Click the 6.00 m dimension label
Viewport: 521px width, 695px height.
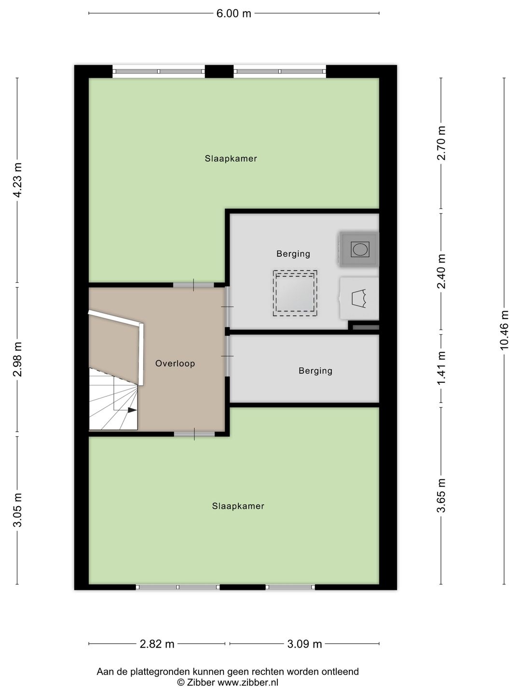(x=234, y=14)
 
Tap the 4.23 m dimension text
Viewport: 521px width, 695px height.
(x=18, y=180)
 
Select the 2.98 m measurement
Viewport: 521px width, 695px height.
(x=18, y=359)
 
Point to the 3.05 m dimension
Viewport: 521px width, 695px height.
(x=18, y=510)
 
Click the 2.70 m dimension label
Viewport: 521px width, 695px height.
(x=441, y=143)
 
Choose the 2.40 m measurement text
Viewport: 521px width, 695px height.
(x=441, y=271)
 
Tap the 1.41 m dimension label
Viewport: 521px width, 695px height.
(x=441, y=368)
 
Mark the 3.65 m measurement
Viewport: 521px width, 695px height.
(x=441, y=495)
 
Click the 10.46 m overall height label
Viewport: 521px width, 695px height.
(x=505, y=330)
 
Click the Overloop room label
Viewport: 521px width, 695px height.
(x=175, y=363)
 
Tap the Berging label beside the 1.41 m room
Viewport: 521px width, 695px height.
(x=315, y=371)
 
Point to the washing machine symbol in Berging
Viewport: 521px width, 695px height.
(x=359, y=249)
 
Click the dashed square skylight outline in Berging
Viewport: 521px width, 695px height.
(x=295, y=293)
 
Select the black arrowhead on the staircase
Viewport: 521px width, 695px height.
(x=132, y=410)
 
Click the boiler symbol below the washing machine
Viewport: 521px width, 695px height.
(x=359, y=298)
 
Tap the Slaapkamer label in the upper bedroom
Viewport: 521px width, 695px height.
(x=231, y=159)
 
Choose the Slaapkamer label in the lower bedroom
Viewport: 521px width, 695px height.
(x=238, y=506)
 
